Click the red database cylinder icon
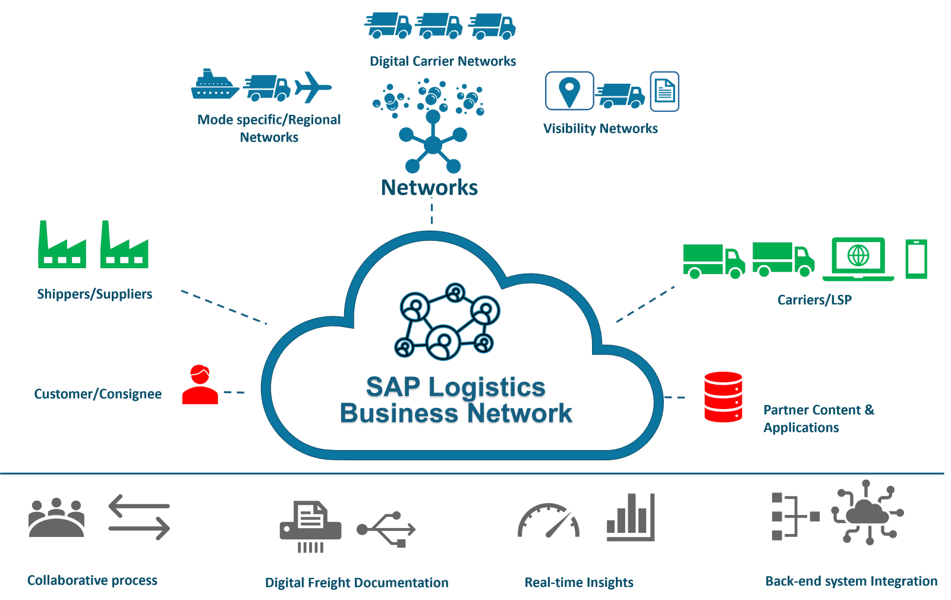coord(723,397)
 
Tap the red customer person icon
coord(200,385)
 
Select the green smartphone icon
coord(916,259)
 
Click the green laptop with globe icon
coord(858,259)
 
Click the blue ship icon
coord(215,84)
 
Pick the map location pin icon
coord(569,90)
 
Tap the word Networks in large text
coord(429,187)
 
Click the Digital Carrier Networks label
coord(443,61)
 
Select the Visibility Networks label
coord(600,128)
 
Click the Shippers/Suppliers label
coord(95,294)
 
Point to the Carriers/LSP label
coord(814,300)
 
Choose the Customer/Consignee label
coord(98,394)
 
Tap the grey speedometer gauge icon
coord(548,522)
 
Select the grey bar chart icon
coord(631,517)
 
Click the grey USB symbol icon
coord(386,529)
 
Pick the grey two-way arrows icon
coord(139,517)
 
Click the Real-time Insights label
coord(579,582)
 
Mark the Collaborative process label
coord(92,580)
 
